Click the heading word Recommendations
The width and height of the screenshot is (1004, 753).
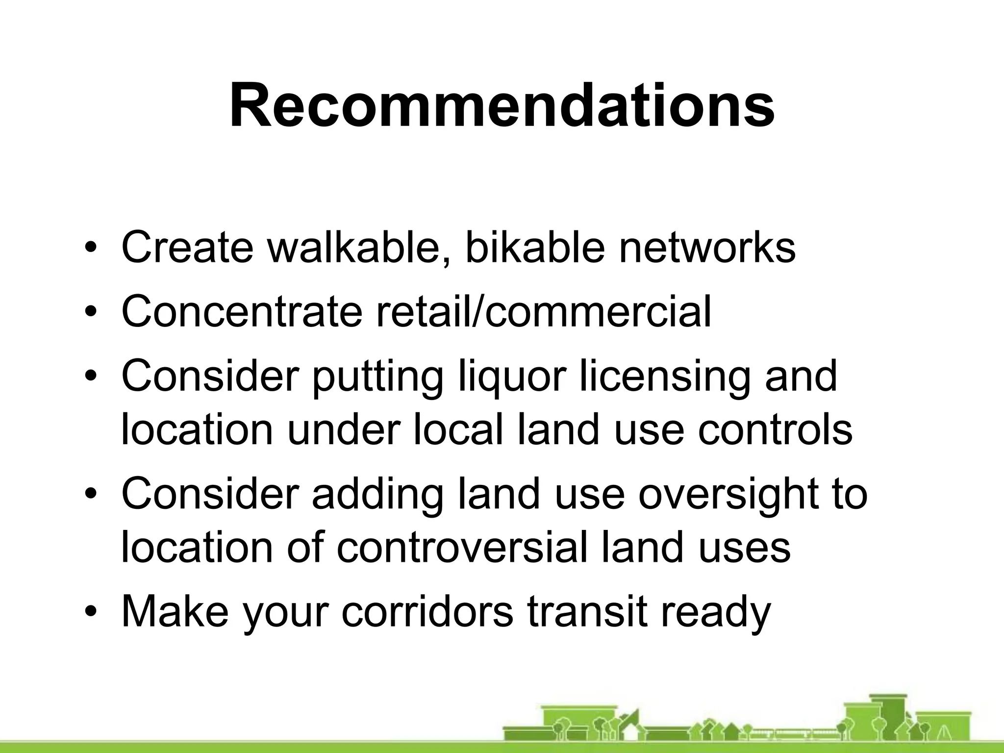click(x=502, y=105)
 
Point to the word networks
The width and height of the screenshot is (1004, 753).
click(x=707, y=247)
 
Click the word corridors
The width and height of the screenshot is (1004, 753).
click(x=427, y=611)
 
